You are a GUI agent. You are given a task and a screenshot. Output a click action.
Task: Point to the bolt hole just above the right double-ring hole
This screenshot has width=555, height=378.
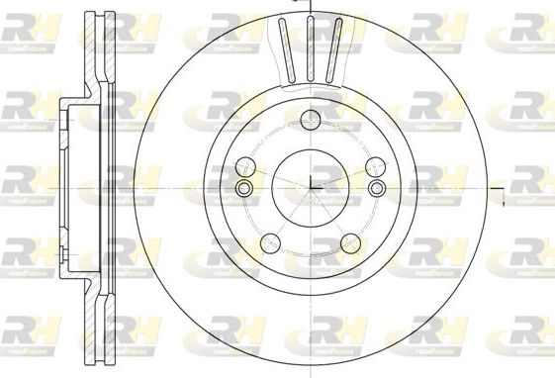click(x=377, y=164)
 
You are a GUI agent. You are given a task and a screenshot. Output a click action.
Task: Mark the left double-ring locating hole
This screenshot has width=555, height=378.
click(x=244, y=188)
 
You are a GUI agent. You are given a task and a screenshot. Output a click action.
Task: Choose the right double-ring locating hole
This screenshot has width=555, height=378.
click(x=377, y=188)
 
